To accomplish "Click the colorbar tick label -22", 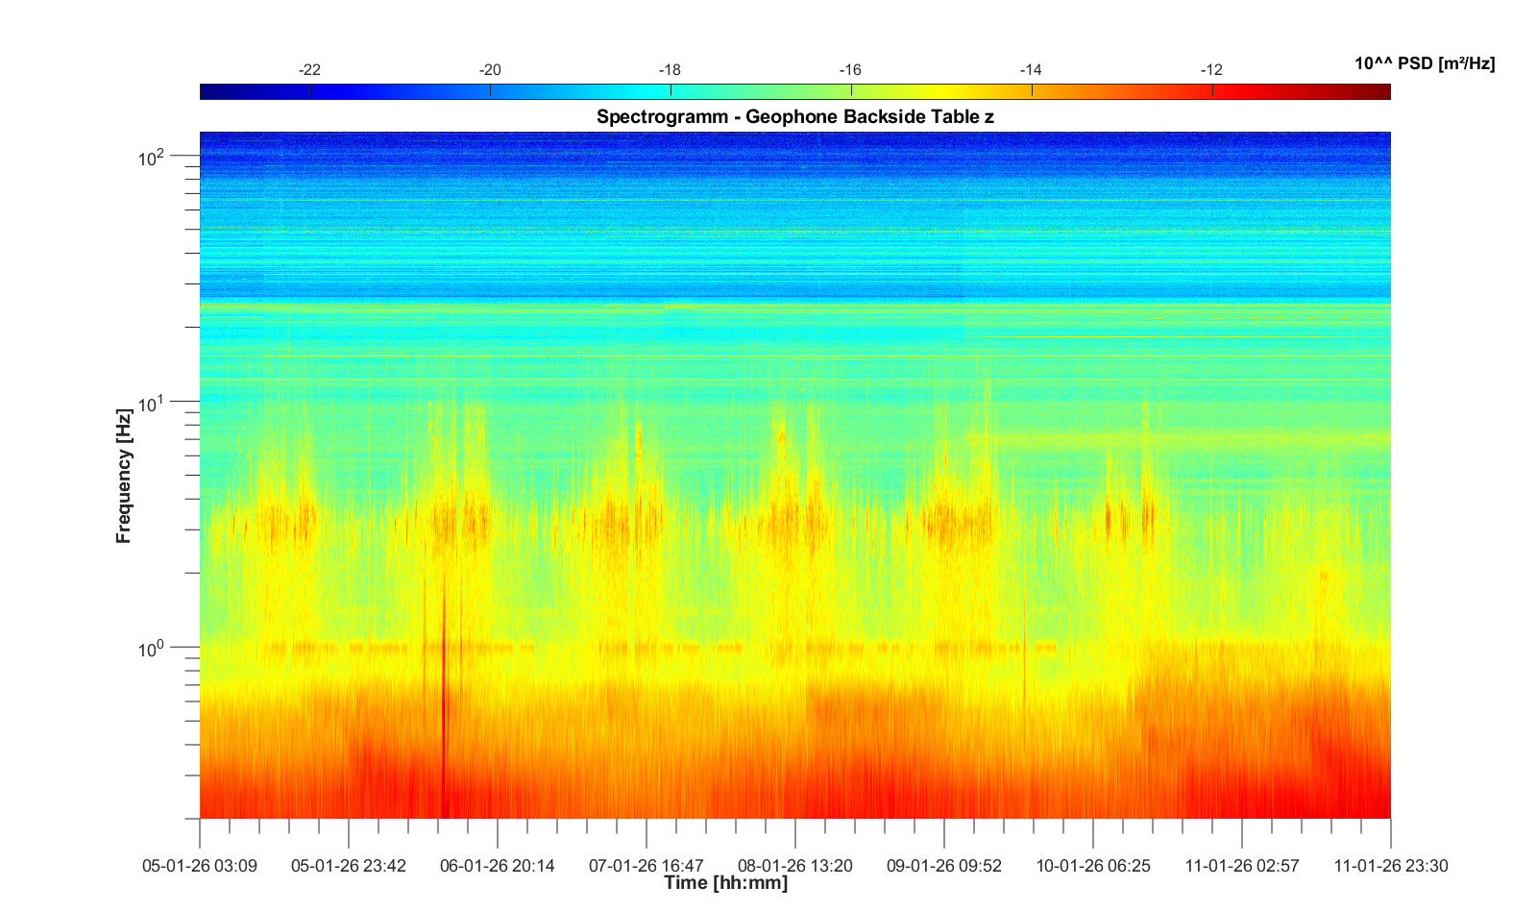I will pyautogui.click(x=309, y=70).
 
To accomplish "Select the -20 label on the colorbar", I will pyautogui.click(x=490, y=70).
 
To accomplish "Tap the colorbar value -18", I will pyautogui.click(x=670, y=70).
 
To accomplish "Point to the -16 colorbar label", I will pyautogui.click(x=850, y=70).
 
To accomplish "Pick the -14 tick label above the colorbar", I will pyautogui.click(x=1031, y=70).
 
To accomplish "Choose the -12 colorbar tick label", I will pyautogui.click(x=1211, y=70).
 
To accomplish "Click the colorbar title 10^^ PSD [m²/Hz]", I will pyautogui.click(x=1425, y=63).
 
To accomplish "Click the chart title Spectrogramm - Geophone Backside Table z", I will pyautogui.click(x=794, y=117).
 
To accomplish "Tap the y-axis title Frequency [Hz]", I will pyautogui.click(x=123, y=476).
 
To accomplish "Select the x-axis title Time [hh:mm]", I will pyautogui.click(x=725, y=882).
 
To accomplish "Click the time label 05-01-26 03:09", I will pyautogui.click(x=200, y=866).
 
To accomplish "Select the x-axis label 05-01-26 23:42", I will pyautogui.click(x=349, y=866).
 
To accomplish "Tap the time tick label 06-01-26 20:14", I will pyautogui.click(x=498, y=866).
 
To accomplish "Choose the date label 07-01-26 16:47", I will pyautogui.click(x=647, y=866).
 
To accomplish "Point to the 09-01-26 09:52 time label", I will pyautogui.click(x=944, y=866).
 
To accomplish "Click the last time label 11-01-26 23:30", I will pyautogui.click(x=1391, y=866).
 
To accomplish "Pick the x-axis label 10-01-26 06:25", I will pyautogui.click(x=1093, y=866).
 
